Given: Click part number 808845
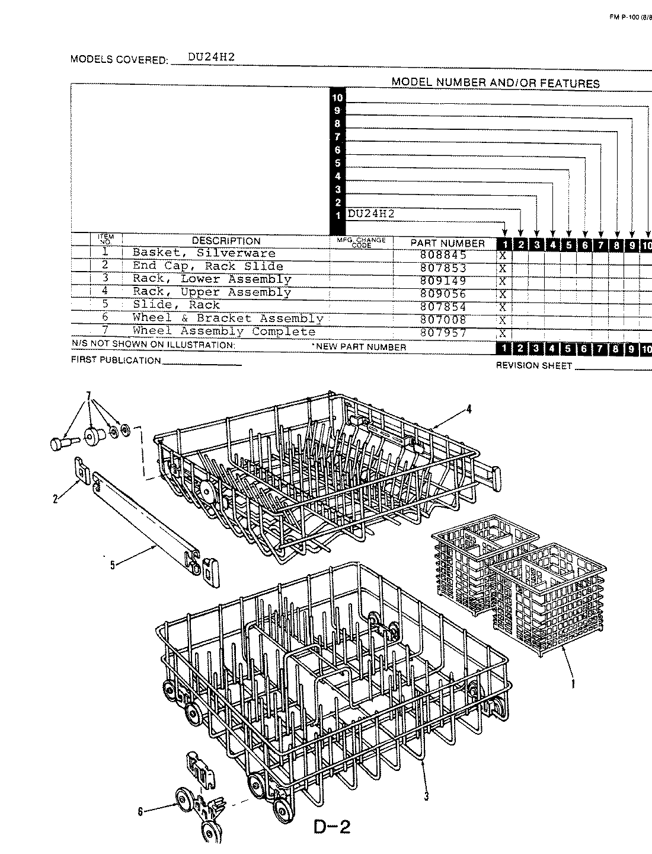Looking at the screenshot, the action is click(x=443, y=255).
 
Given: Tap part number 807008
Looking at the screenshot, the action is click(x=443, y=320).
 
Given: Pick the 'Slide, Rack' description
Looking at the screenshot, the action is click(x=176, y=305).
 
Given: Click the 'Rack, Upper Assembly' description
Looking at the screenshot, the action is click(x=212, y=292).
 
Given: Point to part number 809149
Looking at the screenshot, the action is click(x=443, y=281).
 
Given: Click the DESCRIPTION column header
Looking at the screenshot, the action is click(x=226, y=241).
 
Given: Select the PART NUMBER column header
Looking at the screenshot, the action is click(x=448, y=243).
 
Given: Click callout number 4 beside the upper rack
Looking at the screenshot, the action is click(x=468, y=409).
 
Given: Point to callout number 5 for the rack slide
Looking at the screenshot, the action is click(x=112, y=565).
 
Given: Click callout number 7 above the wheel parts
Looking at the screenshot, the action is click(x=89, y=396).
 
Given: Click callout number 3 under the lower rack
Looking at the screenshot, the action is click(x=426, y=796).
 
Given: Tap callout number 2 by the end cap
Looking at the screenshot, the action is click(x=55, y=499).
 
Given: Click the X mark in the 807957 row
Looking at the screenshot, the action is click(x=503, y=333).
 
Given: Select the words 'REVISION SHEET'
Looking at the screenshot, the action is click(x=533, y=366).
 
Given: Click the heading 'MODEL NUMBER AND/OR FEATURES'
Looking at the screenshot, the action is click(x=495, y=83).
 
